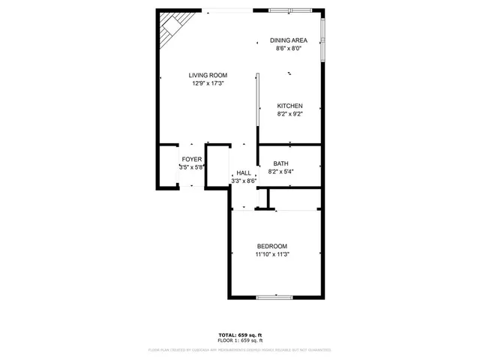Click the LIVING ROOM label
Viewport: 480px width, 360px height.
click(x=208, y=75)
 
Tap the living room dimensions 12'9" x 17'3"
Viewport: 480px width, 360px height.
click(x=208, y=83)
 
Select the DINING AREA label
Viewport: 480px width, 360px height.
click(x=289, y=40)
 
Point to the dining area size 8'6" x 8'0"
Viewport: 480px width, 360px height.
click(x=289, y=49)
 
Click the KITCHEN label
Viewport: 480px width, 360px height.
click(x=289, y=106)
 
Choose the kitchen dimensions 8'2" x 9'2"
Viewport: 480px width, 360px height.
click(x=289, y=114)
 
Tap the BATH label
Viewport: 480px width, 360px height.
click(x=280, y=163)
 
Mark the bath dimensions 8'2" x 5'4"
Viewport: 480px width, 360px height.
click(x=280, y=172)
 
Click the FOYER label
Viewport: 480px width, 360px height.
click(x=191, y=159)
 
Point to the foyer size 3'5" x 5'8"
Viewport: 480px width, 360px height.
click(x=191, y=167)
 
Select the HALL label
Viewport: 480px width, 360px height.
click(x=244, y=172)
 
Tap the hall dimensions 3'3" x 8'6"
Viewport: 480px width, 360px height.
click(x=244, y=181)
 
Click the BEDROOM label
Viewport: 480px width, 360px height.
click(x=272, y=246)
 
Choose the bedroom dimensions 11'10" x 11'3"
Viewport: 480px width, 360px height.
click(x=272, y=254)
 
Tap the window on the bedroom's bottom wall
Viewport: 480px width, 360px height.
click(x=274, y=298)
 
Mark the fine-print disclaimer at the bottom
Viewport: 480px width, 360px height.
click(x=240, y=349)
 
